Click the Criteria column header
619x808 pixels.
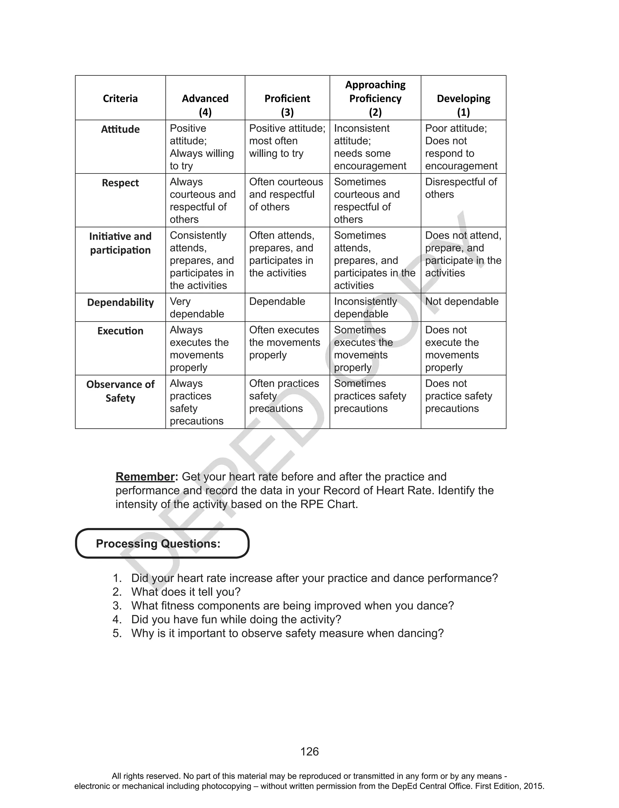(120, 98)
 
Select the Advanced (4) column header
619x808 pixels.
(205, 105)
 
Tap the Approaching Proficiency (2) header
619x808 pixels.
(375, 98)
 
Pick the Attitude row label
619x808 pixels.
(120, 129)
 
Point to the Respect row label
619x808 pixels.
(120, 183)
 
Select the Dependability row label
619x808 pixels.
(120, 302)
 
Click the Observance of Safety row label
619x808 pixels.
(120, 391)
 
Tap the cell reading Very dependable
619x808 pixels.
(197, 307)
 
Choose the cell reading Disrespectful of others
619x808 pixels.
(461, 188)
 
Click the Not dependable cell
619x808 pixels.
(462, 302)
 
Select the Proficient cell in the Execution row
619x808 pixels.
(284, 342)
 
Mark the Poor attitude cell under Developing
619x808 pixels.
(461, 147)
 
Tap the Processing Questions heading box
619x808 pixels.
(162, 543)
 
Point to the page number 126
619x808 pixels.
(309, 752)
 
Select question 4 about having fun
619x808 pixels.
(236, 619)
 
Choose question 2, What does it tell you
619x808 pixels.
(185, 592)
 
